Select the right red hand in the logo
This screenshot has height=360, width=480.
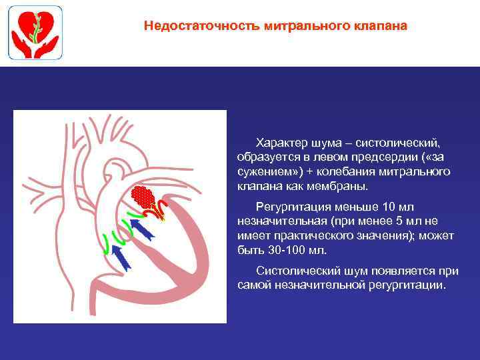coord(47,47)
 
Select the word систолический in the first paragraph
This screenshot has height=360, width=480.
coord(397,143)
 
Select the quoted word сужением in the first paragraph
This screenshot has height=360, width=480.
coord(263,172)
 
